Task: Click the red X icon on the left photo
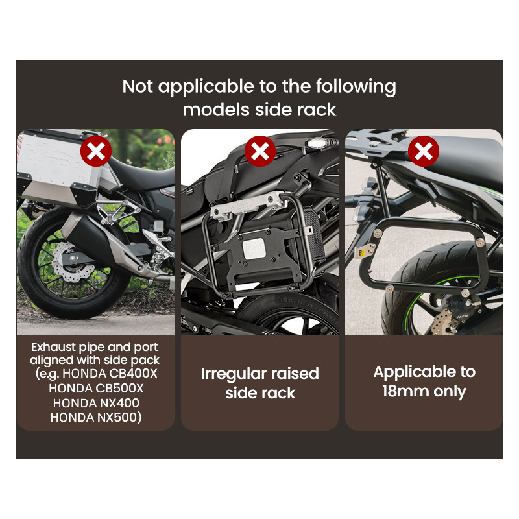(96, 151)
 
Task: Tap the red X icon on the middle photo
(260, 151)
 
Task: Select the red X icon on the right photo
(424, 151)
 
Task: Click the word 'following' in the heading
(356, 88)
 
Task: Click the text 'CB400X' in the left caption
(133, 374)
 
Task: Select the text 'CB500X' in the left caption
(119, 388)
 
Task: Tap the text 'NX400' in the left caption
(118, 403)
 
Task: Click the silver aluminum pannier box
(60, 168)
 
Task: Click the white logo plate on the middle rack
(254, 249)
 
